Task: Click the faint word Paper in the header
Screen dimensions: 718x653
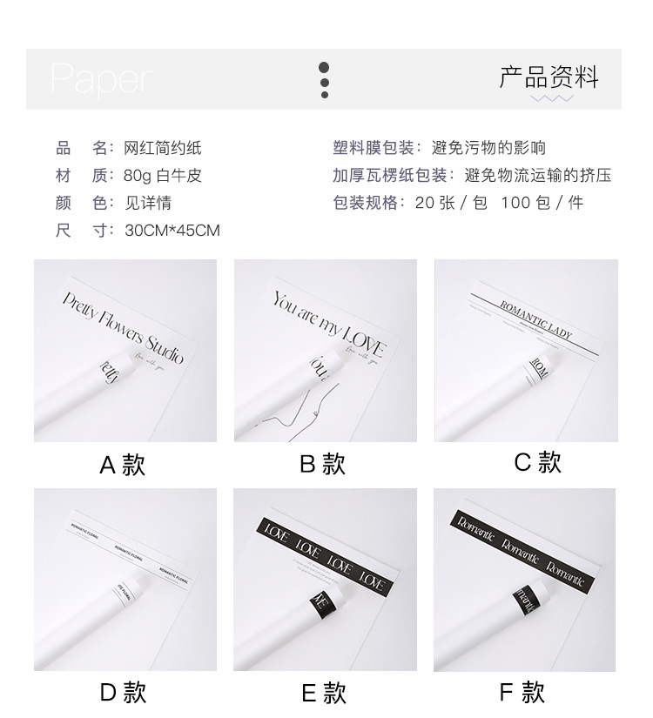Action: point(100,79)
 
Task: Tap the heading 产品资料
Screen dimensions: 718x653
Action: point(549,77)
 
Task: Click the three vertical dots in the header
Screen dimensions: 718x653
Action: point(324,80)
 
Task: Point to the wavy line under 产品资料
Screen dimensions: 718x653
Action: point(552,98)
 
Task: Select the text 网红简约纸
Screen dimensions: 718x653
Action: point(163,148)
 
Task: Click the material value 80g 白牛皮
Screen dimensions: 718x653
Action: point(163,176)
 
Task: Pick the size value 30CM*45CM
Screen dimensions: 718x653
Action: point(172,231)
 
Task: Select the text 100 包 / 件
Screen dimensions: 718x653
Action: point(542,203)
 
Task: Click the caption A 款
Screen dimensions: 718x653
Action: point(122,465)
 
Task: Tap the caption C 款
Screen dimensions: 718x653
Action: point(537,462)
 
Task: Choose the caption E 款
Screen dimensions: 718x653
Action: point(323,693)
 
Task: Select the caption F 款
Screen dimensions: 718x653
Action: point(522,692)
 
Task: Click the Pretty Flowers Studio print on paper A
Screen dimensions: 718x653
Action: point(123,327)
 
